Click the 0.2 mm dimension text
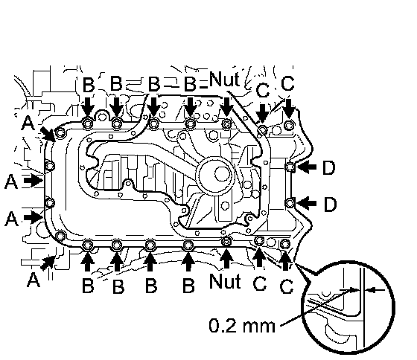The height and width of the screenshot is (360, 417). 242,326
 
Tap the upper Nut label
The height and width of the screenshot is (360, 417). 224,79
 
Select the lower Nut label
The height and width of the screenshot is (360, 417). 225,281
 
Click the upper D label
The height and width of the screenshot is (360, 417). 328,168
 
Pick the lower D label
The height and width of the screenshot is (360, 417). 330,204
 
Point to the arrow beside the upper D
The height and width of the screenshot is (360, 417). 306,167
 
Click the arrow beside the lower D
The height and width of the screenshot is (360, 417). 306,203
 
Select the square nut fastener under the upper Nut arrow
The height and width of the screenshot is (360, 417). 226,123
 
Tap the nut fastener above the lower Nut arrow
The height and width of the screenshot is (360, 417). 226,241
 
